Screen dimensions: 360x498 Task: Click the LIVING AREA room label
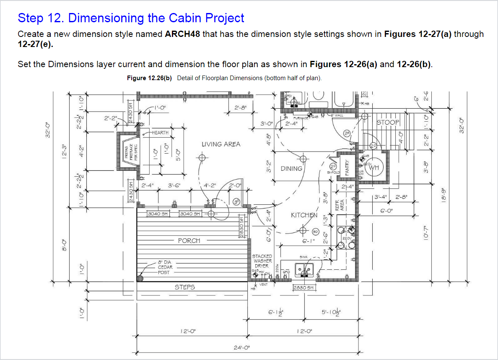pyautogui.click(x=221, y=144)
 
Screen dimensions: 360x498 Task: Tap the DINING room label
pyautogui.click(x=291, y=169)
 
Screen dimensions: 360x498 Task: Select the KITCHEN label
pyautogui.click(x=304, y=215)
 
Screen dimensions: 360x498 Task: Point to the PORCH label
pyautogui.click(x=189, y=241)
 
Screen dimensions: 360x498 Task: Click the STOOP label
pyautogui.click(x=388, y=123)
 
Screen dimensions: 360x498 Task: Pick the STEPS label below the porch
pyautogui.click(x=185, y=287)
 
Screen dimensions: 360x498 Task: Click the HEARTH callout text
pyautogui.click(x=160, y=133)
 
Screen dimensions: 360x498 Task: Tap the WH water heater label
pyautogui.click(x=374, y=167)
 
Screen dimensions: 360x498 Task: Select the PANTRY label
pyautogui.click(x=347, y=168)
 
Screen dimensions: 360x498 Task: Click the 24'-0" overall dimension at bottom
pyautogui.click(x=241, y=347)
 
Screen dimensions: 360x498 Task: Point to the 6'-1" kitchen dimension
pyautogui.click(x=308, y=241)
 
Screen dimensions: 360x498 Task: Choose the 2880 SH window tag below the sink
pyautogui.click(x=303, y=288)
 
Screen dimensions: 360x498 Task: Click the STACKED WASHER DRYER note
pyautogui.click(x=262, y=261)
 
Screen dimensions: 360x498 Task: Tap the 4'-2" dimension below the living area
pyautogui.click(x=210, y=185)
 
